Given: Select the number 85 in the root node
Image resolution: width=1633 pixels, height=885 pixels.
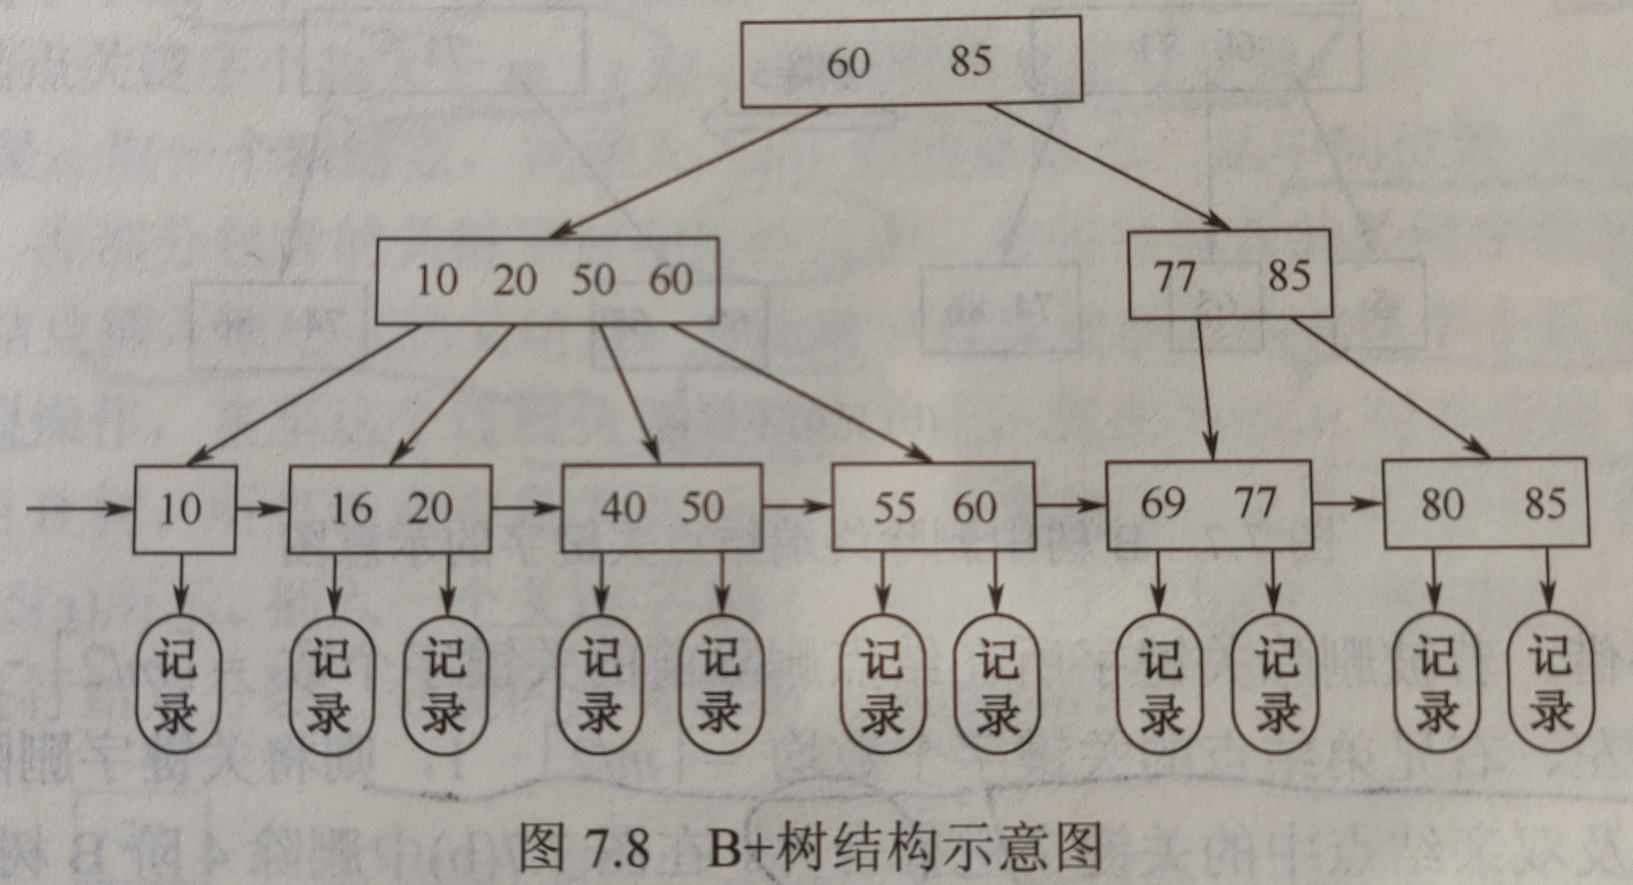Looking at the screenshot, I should pos(970,62).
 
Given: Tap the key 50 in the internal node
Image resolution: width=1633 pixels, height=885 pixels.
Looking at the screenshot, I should pos(593,280).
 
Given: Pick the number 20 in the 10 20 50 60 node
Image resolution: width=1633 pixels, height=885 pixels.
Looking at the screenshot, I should pos(515,280).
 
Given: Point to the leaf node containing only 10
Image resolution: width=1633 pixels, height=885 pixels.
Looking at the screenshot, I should pos(184,509).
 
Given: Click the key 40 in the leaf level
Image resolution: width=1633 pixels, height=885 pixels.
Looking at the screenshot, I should pos(623,508).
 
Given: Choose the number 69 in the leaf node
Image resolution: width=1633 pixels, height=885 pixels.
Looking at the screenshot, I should pos(1163,504).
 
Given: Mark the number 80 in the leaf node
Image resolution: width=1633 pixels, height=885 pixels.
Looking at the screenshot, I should pos(1442,504).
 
